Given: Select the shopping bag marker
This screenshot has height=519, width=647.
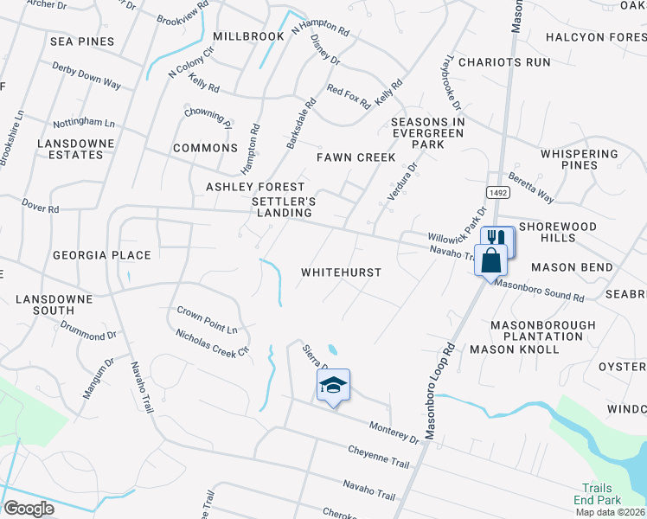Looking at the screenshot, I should coord(490,259).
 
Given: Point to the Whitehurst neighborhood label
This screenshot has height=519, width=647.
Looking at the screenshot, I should coord(341,272).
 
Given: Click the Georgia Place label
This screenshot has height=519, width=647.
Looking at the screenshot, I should coord(102,255).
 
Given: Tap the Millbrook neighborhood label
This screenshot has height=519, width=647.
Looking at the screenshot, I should coord(248,36).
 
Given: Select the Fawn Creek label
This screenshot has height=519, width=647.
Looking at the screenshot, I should coord(356,157).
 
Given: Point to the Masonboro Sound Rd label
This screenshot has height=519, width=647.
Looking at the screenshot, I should coord(540,290).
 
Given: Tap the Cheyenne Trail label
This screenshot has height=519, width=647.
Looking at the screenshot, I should coord(379,458).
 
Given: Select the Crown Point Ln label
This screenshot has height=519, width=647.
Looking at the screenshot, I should coord(207,319).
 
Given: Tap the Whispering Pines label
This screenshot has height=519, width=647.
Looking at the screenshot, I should coord(580,159).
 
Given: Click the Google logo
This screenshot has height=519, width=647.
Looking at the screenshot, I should coord(29,508).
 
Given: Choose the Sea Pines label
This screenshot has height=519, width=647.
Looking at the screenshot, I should coord(82,41).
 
